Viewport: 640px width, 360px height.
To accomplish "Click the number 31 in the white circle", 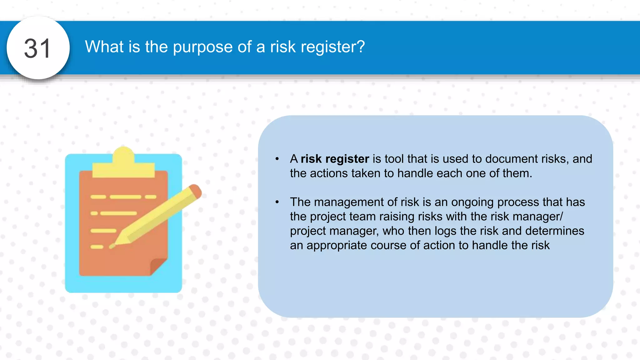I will (x=37, y=48).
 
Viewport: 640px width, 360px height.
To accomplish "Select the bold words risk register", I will (x=335, y=159).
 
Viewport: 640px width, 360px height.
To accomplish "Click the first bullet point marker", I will (x=277, y=159).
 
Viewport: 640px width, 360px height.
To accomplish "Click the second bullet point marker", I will (x=277, y=202).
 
